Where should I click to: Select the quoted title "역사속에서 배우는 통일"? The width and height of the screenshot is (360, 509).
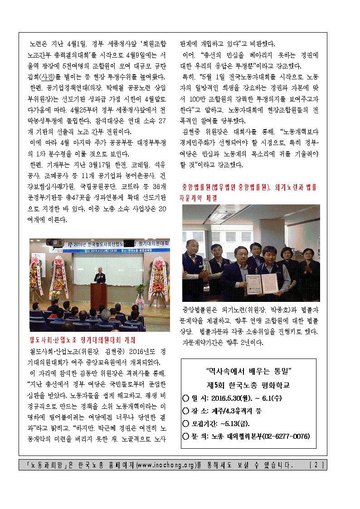click(x=248, y=371)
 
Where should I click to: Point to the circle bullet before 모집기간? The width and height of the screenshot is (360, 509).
click(x=185, y=423)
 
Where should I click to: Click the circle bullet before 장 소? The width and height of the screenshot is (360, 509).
click(x=185, y=411)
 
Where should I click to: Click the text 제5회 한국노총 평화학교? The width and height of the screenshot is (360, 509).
click(x=248, y=385)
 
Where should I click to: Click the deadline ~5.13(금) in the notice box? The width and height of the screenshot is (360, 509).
click(x=236, y=423)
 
